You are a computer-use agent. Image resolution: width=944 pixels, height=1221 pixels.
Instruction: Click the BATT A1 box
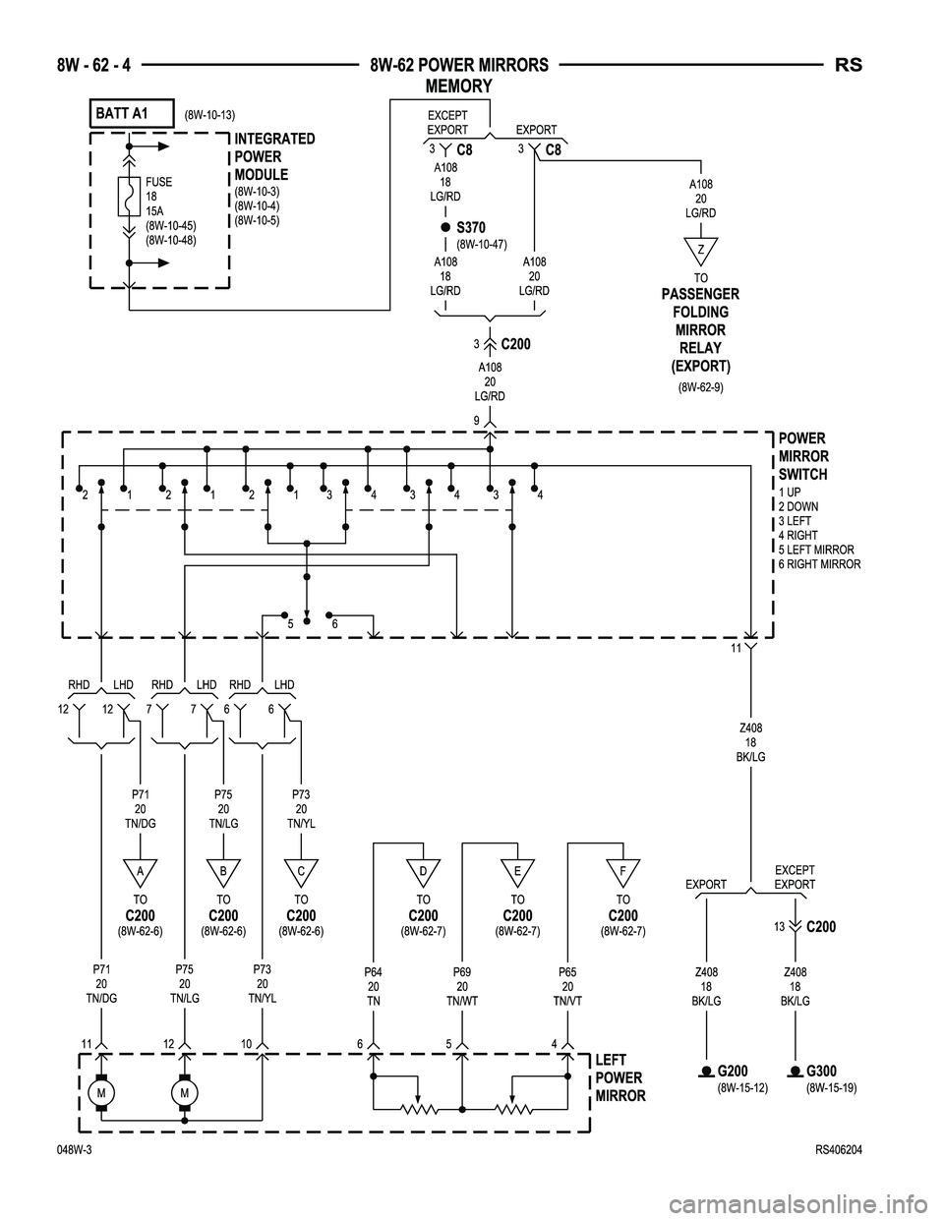(132, 114)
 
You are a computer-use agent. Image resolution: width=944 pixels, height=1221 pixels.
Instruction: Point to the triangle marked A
(141, 871)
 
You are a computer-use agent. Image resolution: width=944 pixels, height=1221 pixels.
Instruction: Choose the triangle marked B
(224, 871)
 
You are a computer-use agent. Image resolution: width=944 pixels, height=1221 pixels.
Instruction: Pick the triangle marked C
(302, 871)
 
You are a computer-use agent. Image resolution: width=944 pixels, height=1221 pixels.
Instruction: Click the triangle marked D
(423, 871)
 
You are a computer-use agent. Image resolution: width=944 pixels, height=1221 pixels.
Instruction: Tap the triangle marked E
(517, 871)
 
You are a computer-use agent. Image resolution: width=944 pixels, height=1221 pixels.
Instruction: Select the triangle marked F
(622, 871)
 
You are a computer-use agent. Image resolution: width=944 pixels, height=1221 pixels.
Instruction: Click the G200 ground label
(734, 1071)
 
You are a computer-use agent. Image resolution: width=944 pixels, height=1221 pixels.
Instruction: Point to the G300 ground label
(822, 1071)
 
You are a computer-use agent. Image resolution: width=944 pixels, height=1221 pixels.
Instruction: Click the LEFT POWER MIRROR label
(620, 1077)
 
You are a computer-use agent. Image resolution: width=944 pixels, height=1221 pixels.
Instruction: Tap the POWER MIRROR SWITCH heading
(803, 457)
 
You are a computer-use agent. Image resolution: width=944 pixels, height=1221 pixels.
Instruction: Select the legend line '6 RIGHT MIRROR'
(819, 564)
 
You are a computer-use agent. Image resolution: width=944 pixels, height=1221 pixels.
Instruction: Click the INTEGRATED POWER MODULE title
(274, 157)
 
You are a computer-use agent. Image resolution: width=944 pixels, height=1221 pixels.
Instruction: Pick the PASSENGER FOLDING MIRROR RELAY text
(700, 330)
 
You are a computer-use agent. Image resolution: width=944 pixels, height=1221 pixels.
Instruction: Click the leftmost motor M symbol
(101, 1092)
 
